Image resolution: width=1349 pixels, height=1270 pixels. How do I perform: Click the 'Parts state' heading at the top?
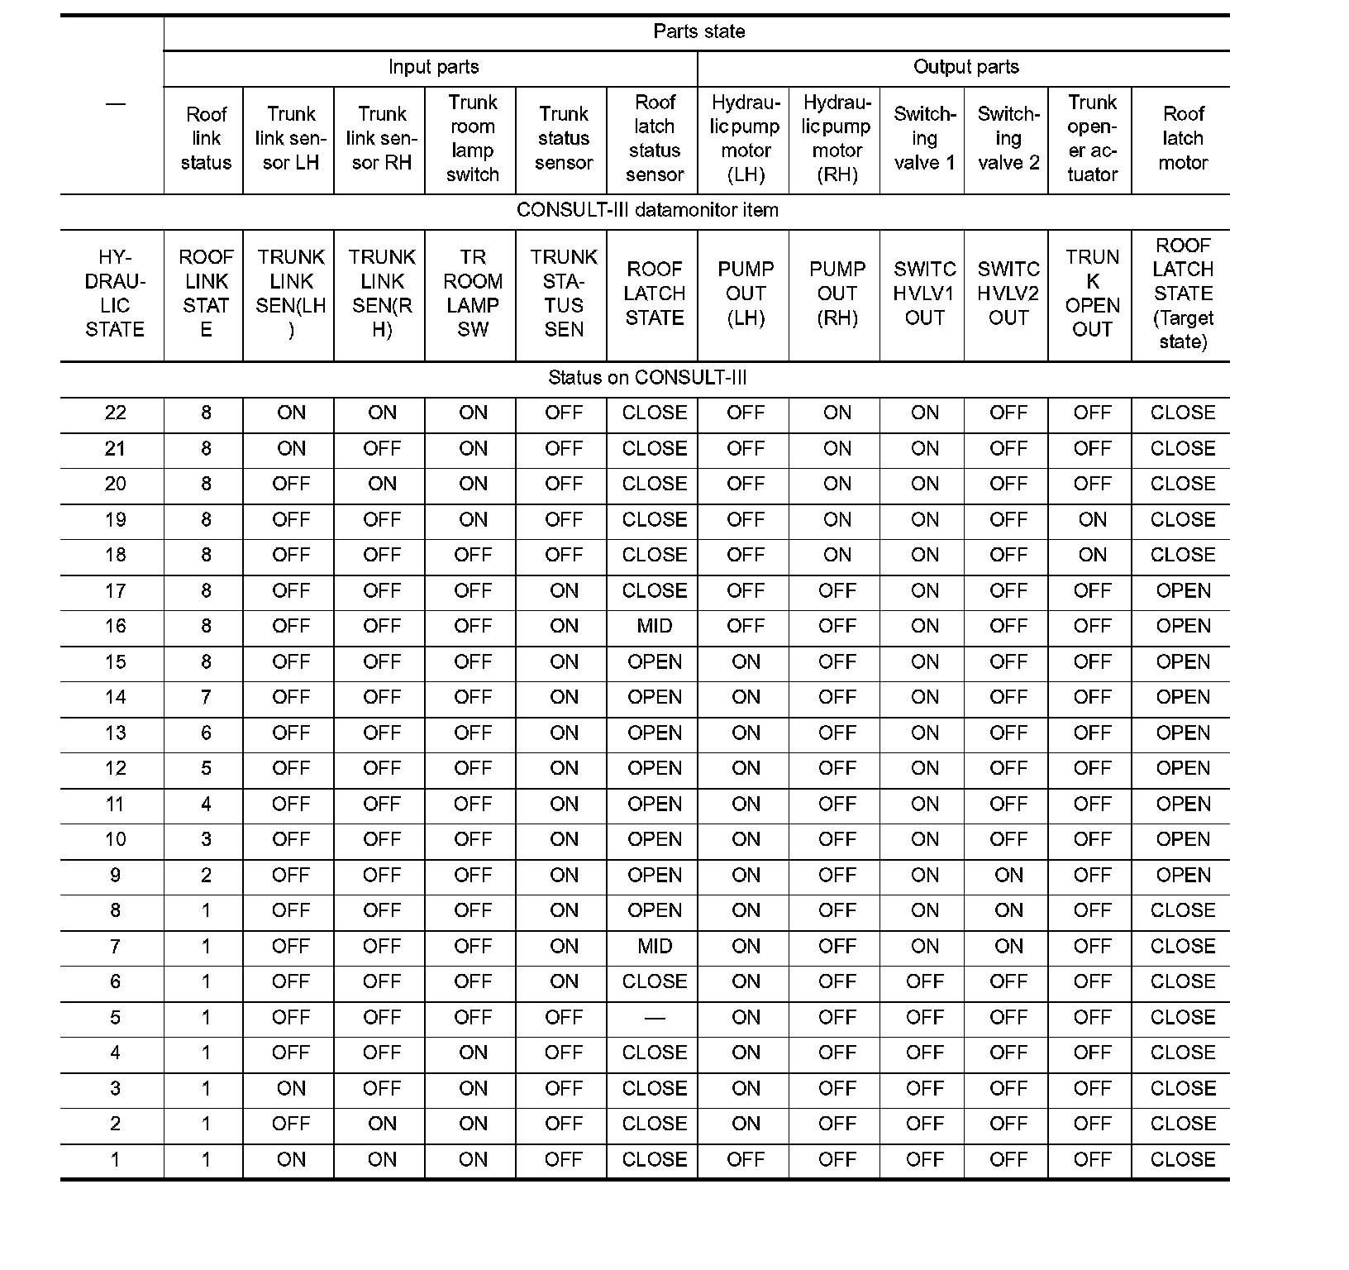(698, 31)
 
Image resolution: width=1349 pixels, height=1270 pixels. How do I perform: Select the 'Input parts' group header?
(433, 67)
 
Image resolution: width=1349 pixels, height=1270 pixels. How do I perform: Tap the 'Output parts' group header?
(965, 67)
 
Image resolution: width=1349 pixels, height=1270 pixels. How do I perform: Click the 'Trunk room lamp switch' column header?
(473, 138)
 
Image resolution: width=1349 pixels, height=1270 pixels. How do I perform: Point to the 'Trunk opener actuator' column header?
(1092, 138)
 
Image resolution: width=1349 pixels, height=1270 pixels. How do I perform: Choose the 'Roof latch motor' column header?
(1183, 138)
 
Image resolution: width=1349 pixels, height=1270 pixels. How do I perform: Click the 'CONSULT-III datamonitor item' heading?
(647, 210)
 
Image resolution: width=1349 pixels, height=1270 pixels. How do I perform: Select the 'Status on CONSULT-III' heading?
(647, 378)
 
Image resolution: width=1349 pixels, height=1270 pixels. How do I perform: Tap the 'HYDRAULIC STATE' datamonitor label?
(115, 294)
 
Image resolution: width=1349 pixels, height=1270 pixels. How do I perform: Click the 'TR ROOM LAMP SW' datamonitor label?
(473, 294)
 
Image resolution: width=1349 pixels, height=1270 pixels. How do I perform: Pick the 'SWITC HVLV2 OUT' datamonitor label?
(1008, 294)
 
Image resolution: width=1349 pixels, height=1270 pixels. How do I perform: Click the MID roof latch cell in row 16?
(655, 626)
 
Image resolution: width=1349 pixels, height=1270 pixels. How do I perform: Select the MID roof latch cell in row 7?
(655, 946)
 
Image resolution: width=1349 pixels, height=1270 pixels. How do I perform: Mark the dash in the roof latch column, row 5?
(655, 1018)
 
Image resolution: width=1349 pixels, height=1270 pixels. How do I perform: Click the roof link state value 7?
(206, 697)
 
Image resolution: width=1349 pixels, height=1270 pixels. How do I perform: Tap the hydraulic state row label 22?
(115, 413)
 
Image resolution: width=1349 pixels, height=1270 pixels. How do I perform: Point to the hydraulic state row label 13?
(115, 733)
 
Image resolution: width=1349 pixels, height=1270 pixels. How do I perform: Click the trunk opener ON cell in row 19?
(1092, 519)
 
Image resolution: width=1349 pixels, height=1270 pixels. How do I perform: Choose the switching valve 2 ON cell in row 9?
(1008, 875)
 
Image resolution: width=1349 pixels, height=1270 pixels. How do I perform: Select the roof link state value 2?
(206, 875)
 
